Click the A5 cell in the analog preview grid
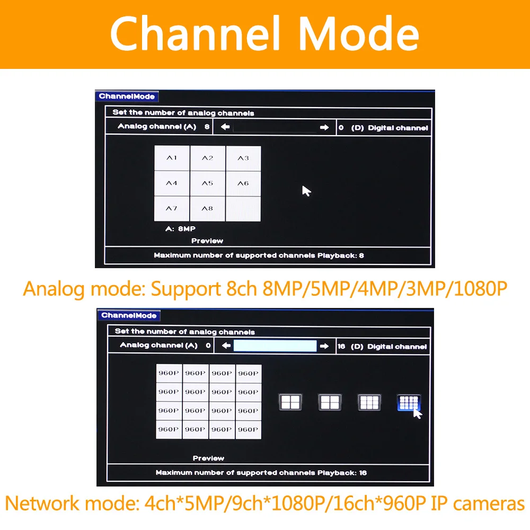click(x=208, y=183)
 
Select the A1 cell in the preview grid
click(x=172, y=158)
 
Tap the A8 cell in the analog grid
click(x=208, y=209)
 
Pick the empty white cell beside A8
click(x=243, y=209)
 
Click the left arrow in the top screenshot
click(x=225, y=127)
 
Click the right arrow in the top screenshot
click(x=324, y=127)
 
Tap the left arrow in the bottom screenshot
click(x=226, y=346)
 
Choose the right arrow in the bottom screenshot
click(x=324, y=346)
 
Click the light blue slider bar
click(x=275, y=346)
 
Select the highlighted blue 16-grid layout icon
click(x=409, y=402)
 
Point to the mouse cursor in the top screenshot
click(x=306, y=191)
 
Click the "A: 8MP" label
click(x=181, y=229)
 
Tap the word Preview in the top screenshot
click(x=207, y=241)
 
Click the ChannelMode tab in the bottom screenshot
click(x=129, y=315)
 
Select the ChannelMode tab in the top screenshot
click(x=127, y=96)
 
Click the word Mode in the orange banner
click(x=359, y=34)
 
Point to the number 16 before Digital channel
click(x=341, y=347)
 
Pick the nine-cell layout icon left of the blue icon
click(x=369, y=402)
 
